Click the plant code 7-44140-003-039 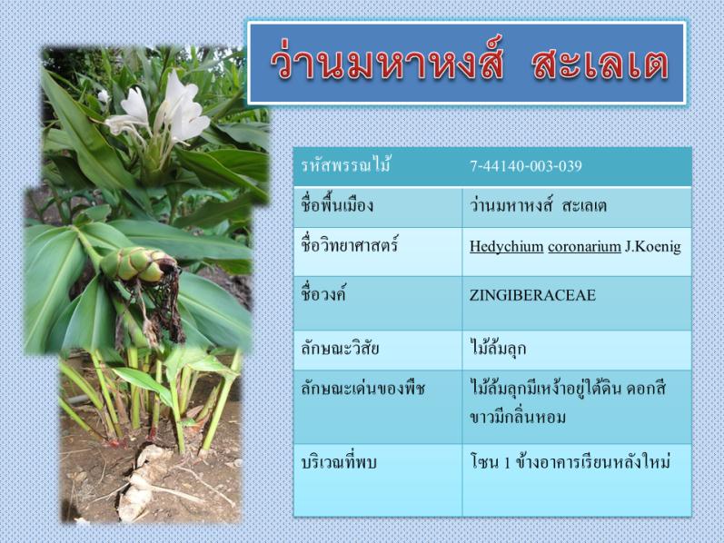click(x=525, y=166)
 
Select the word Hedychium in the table click(x=507, y=247)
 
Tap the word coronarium click(x=584, y=247)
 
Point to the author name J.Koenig click(x=653, y=247)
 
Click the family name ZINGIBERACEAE click(x=532, y=295)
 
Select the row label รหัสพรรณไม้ click(x=346, y=165)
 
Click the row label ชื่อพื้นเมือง click(x=337, y=204)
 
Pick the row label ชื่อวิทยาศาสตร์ click(x=349, y=245)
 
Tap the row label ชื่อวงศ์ click(x=323, y=294)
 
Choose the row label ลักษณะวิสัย click(x=340, y=348)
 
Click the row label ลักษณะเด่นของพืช click(x=362, y=389)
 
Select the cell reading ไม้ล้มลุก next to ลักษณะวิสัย click(x=498, y=348)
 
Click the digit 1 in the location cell click(x=507, y=462)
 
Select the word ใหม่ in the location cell click(x=654, y=462)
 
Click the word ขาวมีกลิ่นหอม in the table click(x=518, y=417)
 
